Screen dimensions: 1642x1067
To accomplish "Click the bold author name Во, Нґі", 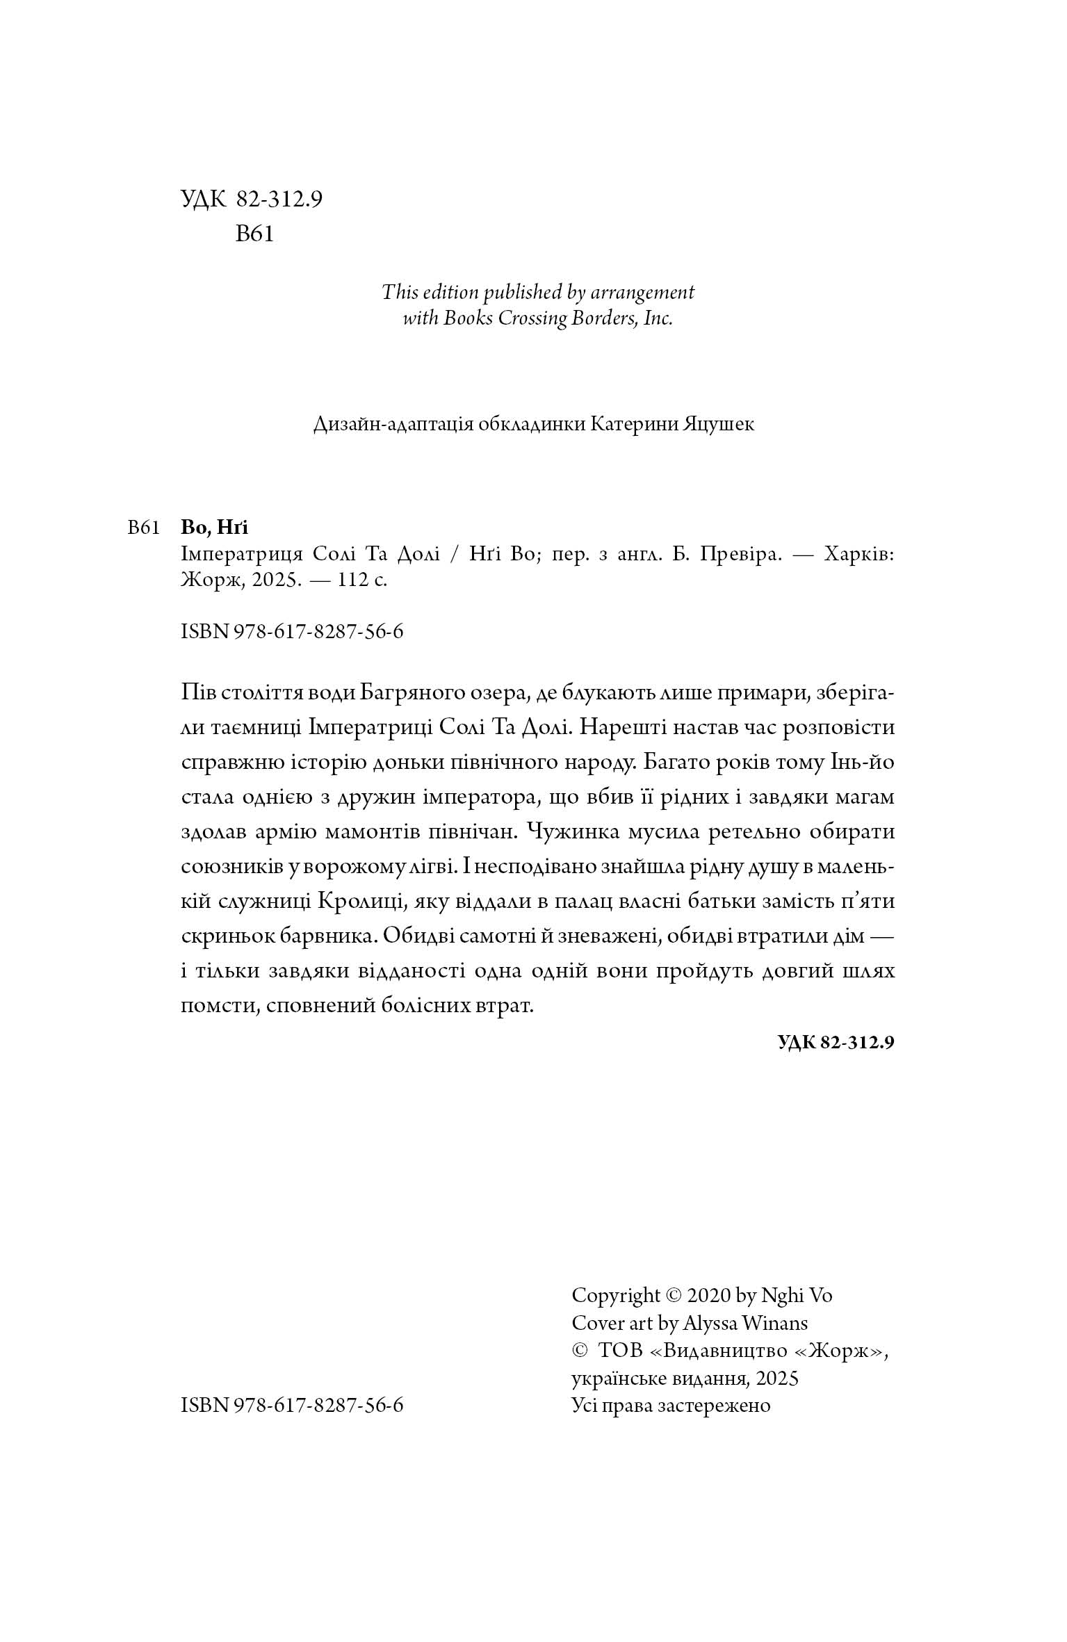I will click(214, 528).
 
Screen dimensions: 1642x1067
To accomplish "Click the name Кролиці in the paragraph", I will click(361, 901).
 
